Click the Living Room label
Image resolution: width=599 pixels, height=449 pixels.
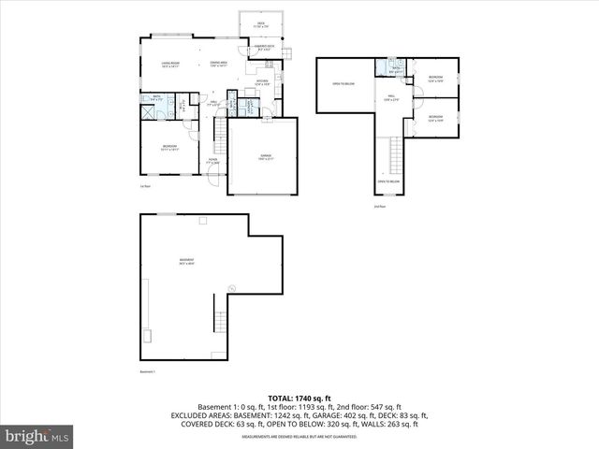[169, 65]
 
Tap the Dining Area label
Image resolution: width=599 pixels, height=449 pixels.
[219, 65]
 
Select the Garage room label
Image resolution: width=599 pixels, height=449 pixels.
[262, 157]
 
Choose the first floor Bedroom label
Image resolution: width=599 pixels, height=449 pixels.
[169, 146]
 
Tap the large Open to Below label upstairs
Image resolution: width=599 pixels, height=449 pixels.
[343, 85]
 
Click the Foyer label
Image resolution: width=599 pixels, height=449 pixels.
[212, 162]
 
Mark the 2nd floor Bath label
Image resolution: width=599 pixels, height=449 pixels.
[396, 68]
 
